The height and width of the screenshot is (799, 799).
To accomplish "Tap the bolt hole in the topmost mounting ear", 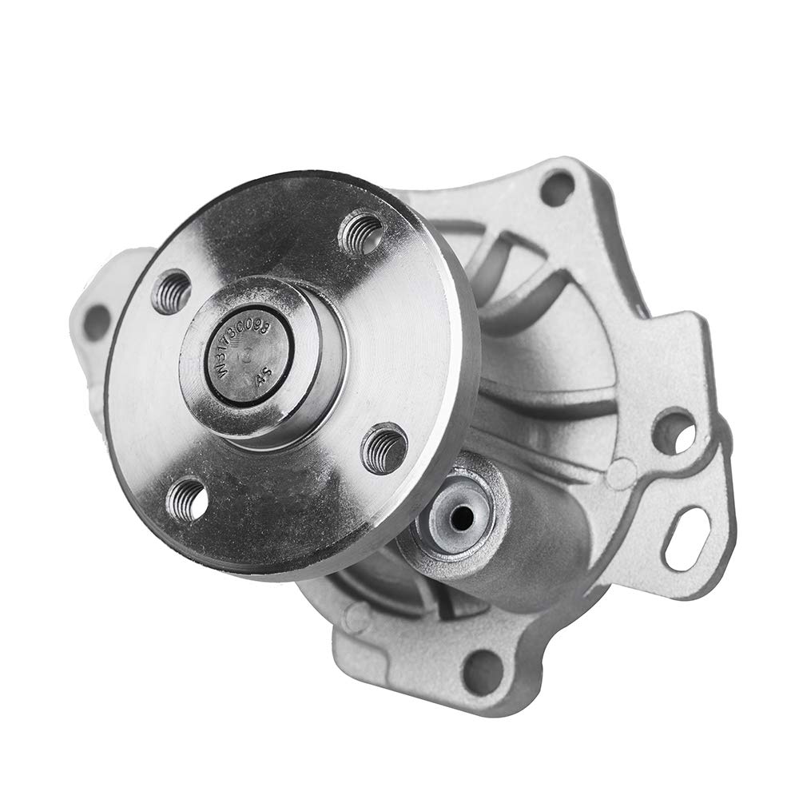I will point(557,188).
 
